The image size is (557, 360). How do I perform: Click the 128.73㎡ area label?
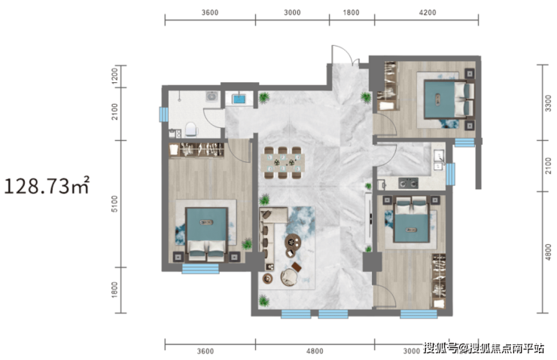(47, 185)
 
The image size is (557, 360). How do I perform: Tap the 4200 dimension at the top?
(428, 13)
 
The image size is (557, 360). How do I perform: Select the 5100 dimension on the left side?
(114, 204)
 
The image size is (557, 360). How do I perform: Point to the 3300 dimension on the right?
(549, 103)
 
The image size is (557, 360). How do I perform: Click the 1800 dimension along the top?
(351, 13)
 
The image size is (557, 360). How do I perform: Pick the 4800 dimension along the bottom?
(315, 351)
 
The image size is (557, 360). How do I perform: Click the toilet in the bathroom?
(190, 129)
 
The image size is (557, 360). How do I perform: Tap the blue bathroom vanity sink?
(239, 99)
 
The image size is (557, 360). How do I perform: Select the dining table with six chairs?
(283, 163)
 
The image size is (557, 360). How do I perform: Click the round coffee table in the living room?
(293, 243)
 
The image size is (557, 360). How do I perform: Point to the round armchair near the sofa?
(289, 277)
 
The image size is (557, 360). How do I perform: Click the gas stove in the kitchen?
(408, 183)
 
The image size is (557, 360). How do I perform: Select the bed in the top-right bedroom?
(449, 99)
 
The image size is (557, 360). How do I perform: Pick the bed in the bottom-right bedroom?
(411, 219)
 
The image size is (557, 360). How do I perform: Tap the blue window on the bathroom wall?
(164, 114)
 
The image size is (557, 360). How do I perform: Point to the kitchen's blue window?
(450, 174)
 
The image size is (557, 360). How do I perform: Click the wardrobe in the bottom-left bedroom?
(196, 150)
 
